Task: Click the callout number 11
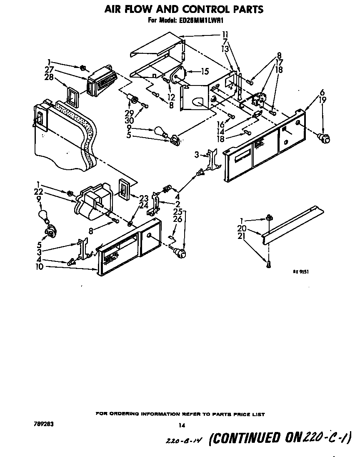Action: (225, 35)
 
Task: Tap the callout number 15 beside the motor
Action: (204, 71)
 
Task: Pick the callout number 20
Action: (252, 228)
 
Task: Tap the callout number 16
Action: (220, 125)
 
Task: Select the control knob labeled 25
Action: (180, 253)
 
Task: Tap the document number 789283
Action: (43, 424)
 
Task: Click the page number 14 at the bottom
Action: (181, 426)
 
